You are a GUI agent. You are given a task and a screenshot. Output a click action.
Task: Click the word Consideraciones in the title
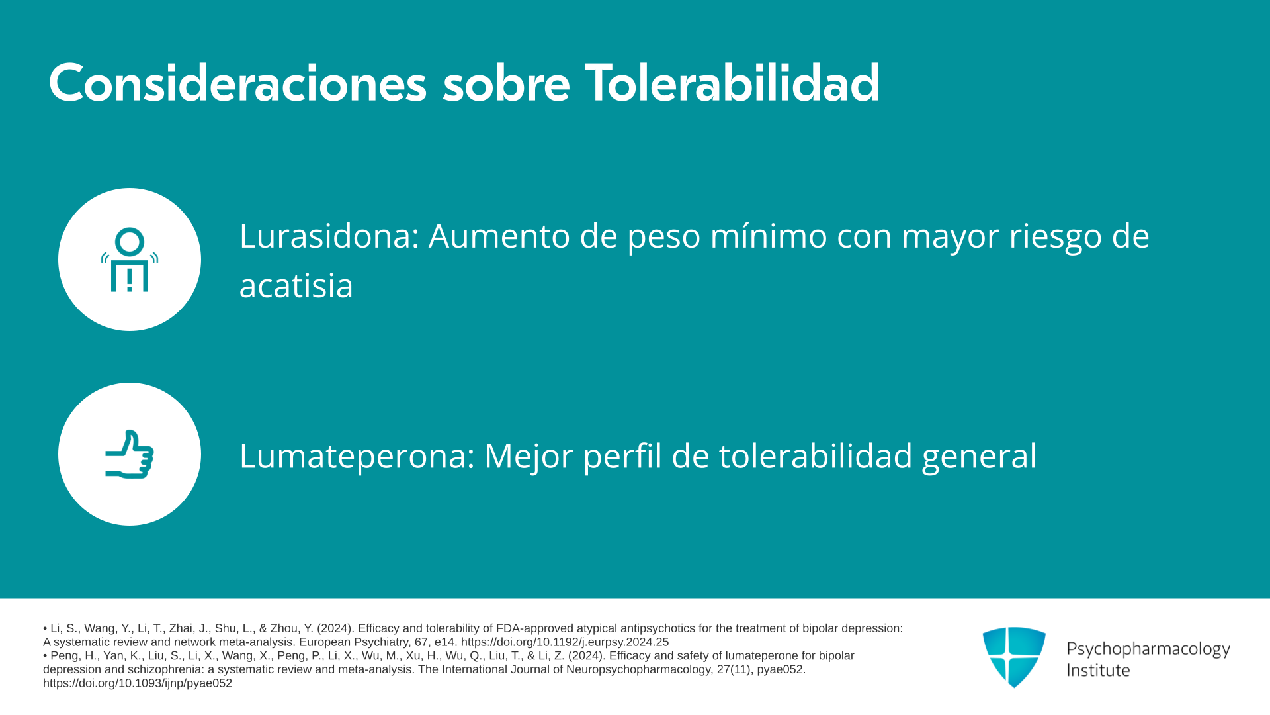(237, 83)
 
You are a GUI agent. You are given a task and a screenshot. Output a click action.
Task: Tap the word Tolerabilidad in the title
(732, 83)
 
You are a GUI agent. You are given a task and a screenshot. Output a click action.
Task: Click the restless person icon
(130, 260)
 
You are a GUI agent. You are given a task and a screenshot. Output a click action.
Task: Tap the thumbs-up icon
(130, 454)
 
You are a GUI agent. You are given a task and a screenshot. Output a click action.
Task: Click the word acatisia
(296, 285)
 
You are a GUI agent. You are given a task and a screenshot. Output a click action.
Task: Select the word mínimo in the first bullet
(769, 236)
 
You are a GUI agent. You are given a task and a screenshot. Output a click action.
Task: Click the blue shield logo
(1014, 657)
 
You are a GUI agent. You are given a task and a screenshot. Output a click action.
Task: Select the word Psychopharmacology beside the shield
(1148, 649)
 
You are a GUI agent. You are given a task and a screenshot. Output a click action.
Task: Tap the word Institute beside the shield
(1098, 670)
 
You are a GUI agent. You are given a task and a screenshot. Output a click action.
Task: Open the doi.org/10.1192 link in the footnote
(565, 642)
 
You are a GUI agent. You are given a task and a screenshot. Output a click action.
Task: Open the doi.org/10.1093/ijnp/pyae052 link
(138, 683)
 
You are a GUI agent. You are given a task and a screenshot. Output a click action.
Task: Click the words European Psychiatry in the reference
(354, 642)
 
